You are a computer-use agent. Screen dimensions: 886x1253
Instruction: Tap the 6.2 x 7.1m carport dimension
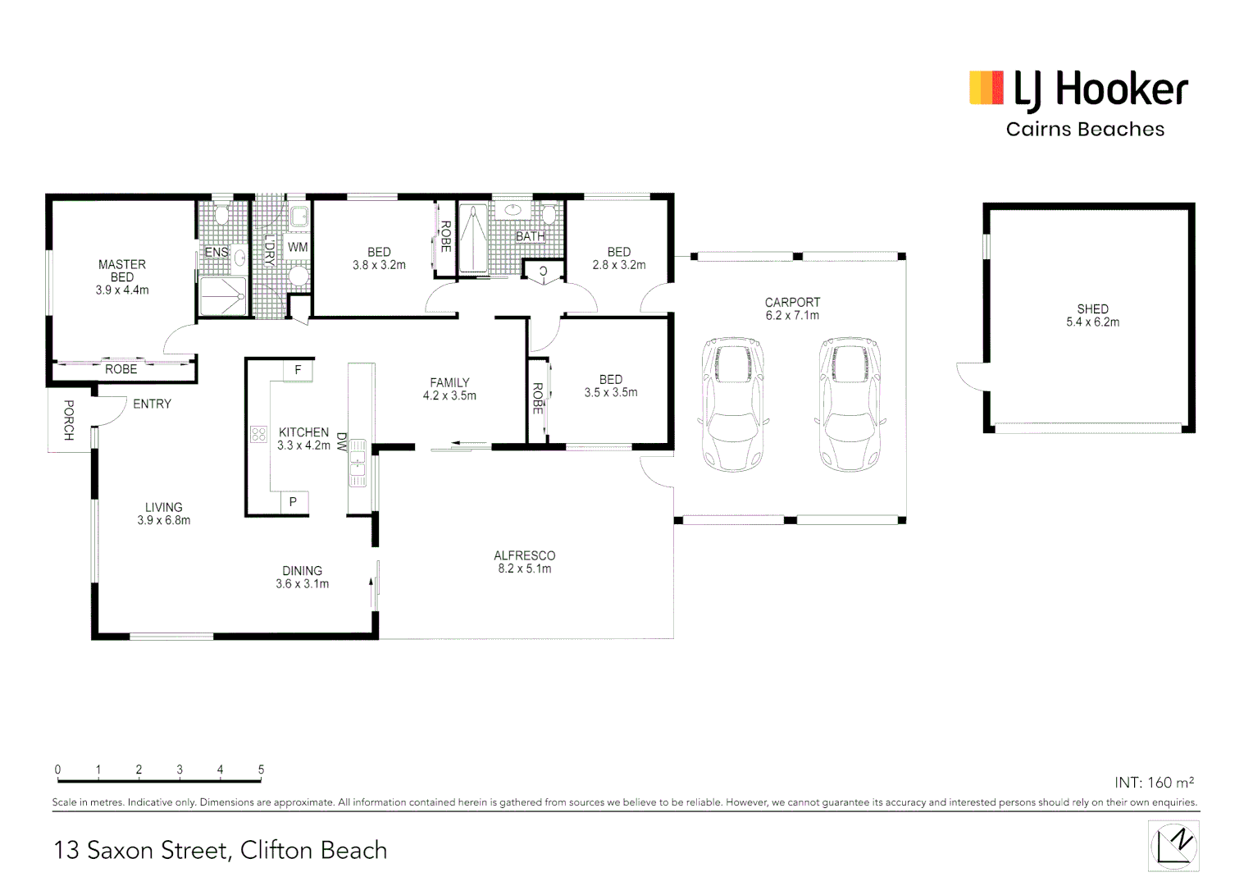pos(792,316)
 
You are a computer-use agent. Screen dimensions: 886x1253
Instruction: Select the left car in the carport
pos(733,404)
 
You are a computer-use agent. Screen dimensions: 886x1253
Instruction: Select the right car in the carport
pos(850,404)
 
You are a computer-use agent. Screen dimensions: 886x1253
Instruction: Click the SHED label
pos(1092,309)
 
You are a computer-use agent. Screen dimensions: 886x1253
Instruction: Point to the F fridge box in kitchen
pos(298,370)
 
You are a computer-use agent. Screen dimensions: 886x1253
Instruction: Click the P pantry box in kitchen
pos(293,502)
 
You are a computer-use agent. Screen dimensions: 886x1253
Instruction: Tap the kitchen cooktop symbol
pos(259,434)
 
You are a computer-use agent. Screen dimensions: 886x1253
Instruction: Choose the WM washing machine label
pos(298,247)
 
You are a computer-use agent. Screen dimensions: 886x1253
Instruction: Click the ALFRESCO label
pos(524,555)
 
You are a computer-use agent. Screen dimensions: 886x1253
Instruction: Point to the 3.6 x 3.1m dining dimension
pos(302,584)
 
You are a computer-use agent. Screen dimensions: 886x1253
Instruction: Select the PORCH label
pos(69,420)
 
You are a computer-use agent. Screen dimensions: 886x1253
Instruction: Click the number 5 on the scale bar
pos(261,770)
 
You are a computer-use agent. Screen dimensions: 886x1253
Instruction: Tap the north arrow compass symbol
pos(1173,846)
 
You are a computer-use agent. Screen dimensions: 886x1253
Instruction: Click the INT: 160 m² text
pos(1154,783)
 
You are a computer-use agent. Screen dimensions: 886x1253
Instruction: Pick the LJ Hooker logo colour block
pos(986,88)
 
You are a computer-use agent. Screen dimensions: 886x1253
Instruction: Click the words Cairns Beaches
pos(1085,130)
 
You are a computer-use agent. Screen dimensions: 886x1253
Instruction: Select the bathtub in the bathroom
pos(473,239)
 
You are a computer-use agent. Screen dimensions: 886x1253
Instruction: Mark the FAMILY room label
pos(449,382)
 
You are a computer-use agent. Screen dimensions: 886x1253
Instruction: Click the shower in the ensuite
pos(222,296)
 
